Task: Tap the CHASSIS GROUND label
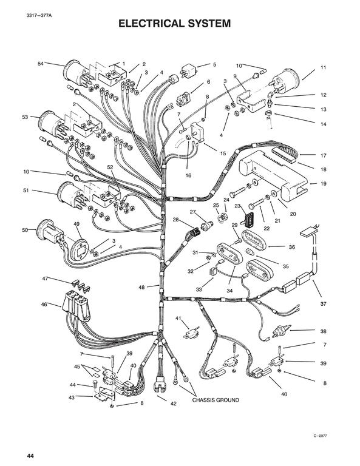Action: [216, 400]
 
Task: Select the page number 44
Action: [30, 456]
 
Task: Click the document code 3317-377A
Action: [39, 15]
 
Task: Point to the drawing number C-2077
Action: [320, 436]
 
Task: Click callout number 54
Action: [41, 64]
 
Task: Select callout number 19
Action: [324, 184]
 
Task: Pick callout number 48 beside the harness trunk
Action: [141, 288]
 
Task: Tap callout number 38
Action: [324, 331]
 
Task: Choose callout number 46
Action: [44, 305]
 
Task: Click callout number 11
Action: [323, 67]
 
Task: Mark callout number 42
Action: [173, 404]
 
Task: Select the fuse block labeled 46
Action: [76, 306]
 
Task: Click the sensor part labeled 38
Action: [280, 331]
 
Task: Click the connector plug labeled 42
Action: [159, 385]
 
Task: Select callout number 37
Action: [324, 304]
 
